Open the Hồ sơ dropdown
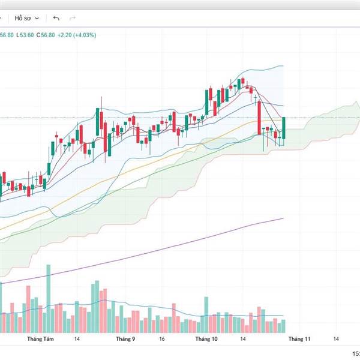(x=27, y=18)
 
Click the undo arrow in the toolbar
(x=56, y=18)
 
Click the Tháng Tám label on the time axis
(x=41, y=339)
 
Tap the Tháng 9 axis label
(x=125, y=339)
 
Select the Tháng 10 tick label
(x=206, y=339)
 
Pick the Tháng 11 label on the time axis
(x=299, y=339)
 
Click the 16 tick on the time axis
(x=162, y=339)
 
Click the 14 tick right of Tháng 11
(x=337, y=339)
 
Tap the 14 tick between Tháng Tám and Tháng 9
(x=77, y=339)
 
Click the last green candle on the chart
(x=283, y=128)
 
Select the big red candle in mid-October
(x=259, y=118)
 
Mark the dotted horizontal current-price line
(x=150, y=117)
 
